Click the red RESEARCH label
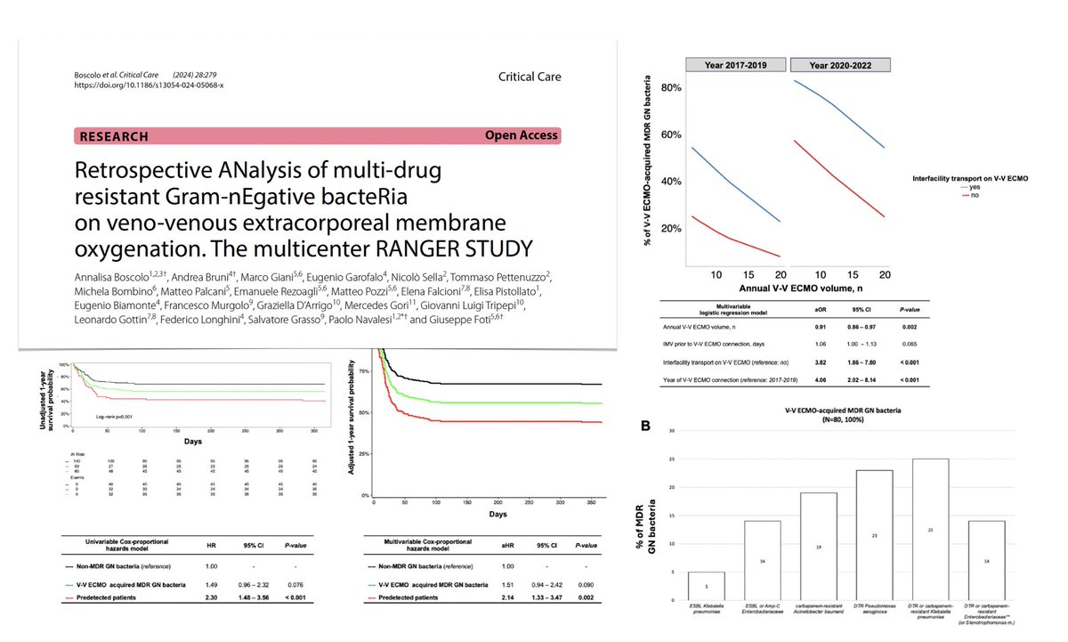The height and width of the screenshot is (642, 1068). pos(115,136)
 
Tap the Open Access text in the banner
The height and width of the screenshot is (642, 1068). pos(521,135)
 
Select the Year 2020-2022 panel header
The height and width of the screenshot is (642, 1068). pos(839,64)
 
